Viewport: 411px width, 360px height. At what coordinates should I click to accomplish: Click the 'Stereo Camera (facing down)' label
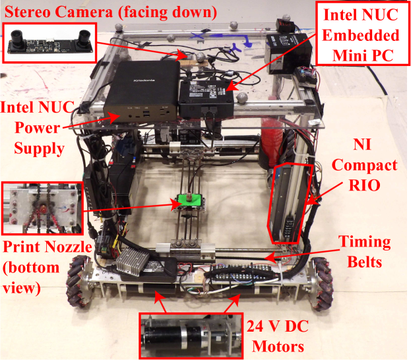pyautogui.click(x=111, y=12)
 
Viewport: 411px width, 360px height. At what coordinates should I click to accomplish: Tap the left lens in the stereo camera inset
pyautogui.click(x=18, y=40)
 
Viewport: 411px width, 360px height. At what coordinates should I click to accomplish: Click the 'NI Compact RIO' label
pyautogui.click(x=364, y=165)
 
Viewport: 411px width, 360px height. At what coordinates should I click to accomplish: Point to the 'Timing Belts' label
pyautogui.click(x=365, y=251)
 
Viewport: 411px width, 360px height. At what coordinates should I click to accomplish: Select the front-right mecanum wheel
pyautogui.click(x=323, y=284)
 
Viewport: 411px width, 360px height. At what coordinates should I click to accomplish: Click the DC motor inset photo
pyautogui.click(x=191, y=336)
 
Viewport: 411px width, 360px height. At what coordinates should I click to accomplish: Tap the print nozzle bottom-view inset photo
pyautogui.click(x=42, y=208)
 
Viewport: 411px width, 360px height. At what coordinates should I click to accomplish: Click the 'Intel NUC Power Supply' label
pyautogui.click(x=38, y=128)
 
